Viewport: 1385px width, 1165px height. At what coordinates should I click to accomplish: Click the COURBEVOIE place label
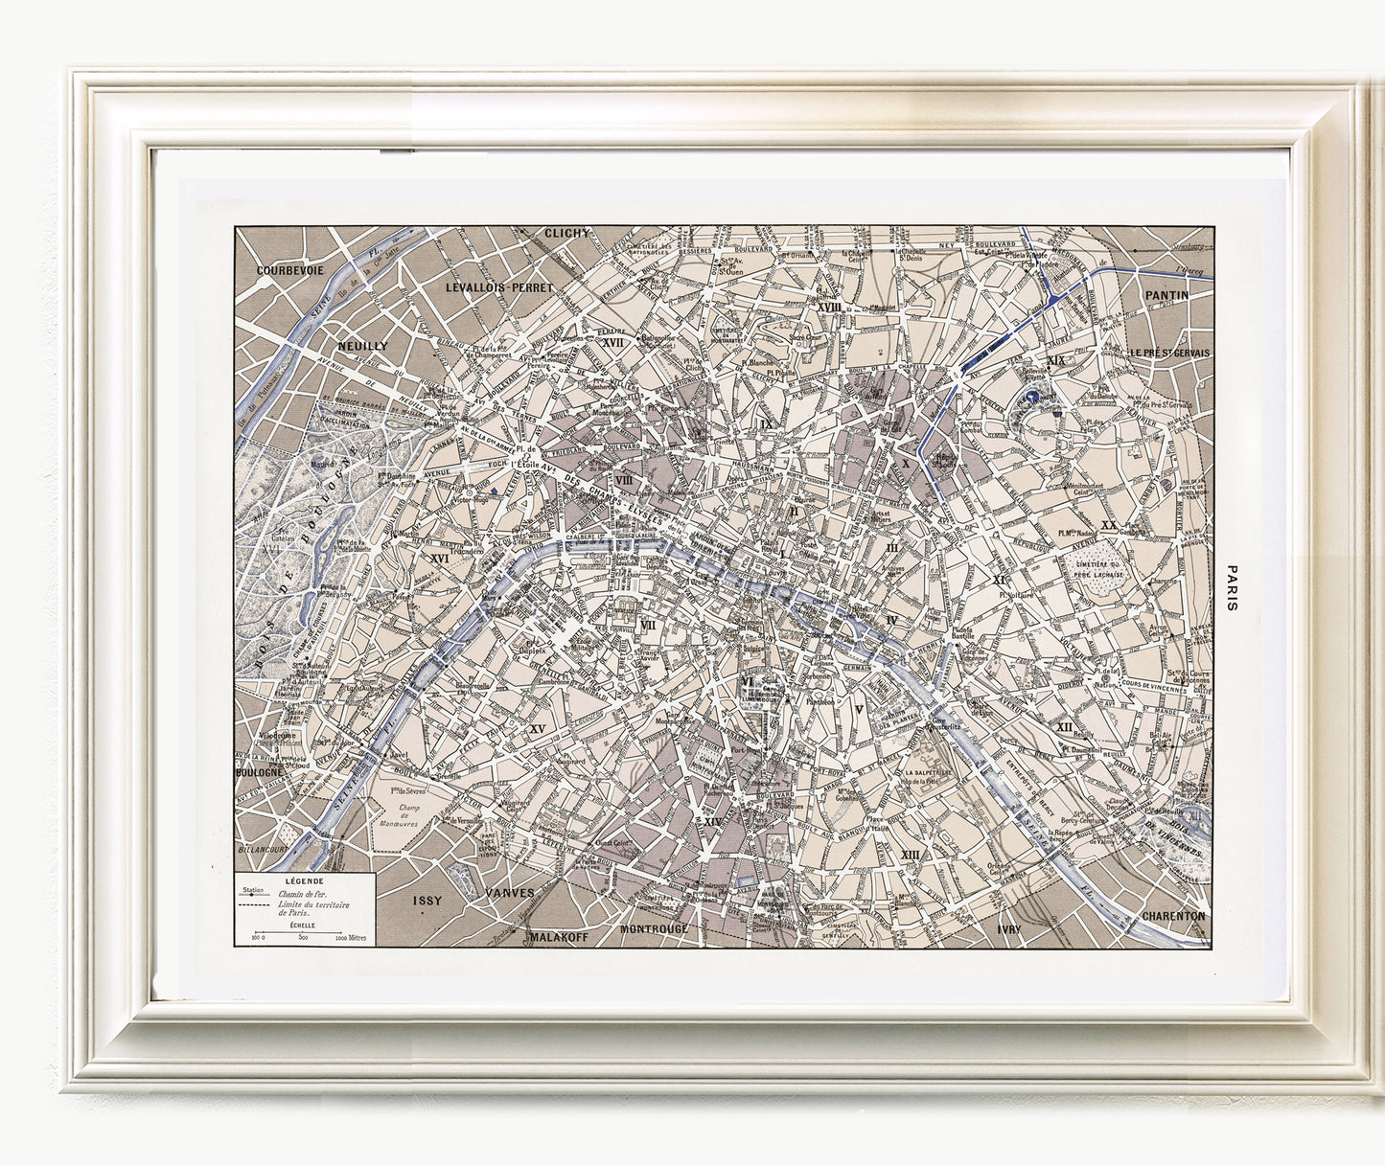289,270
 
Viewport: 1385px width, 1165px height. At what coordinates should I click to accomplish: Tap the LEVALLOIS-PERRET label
496,286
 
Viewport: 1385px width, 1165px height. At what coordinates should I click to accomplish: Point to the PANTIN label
1166,295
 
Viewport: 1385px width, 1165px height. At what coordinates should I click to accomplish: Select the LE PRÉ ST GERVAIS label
1168,353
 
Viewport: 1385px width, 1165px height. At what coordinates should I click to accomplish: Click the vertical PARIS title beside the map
1233,586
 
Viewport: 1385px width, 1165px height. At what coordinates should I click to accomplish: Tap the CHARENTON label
1173,916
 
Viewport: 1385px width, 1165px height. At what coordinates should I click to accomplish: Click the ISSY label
427,901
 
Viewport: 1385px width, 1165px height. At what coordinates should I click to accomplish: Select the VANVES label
510,892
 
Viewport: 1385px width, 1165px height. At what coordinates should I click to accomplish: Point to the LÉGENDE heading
304,880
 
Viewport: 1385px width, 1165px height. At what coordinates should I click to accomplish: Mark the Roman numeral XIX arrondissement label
1057,360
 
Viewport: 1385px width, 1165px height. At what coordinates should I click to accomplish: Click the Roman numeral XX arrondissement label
1108,525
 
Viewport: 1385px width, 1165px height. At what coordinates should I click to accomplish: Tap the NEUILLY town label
362,345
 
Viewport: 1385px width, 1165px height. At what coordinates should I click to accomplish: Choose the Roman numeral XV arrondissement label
537,729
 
